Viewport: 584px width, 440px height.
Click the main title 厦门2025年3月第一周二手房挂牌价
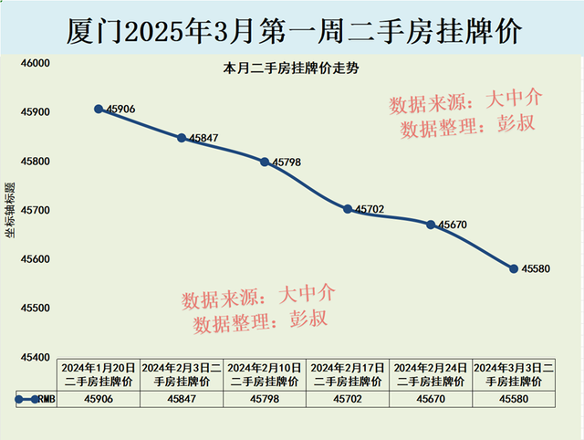(x=293, y=30)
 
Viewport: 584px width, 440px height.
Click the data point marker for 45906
(x=99, y=109)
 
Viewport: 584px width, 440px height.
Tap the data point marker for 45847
(x=182, y=138)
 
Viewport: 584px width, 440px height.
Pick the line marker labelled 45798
(x=265, y=162)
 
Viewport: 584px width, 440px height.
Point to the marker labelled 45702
(x=348, y=209)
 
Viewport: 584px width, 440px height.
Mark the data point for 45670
(x=431, y=224)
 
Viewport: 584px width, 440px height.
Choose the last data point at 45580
(x=514, y=268)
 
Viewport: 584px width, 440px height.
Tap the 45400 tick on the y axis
(x=34, y=356)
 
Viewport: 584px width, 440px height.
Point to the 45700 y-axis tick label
(x=34, y=210)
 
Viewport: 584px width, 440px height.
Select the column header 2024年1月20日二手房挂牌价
(x=99, y=373)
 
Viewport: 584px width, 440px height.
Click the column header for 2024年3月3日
(x=514, y=373)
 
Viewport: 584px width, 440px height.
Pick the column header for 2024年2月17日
(x=348, y=373)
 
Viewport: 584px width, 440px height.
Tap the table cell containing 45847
(x=182, y=399)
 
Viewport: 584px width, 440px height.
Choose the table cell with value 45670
(x=431, y=399)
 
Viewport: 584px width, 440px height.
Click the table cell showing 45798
(x=265, y=399)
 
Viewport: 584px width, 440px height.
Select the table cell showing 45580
(x=514, y=399)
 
